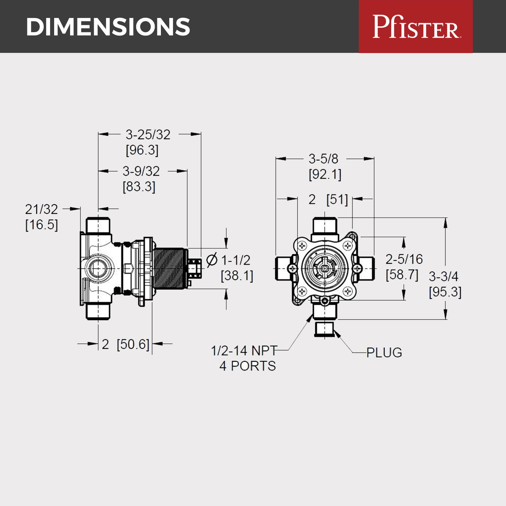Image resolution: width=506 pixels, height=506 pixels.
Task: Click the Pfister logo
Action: [x=416, y=26]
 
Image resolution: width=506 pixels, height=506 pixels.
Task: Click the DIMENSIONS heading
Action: [x=108, y=27]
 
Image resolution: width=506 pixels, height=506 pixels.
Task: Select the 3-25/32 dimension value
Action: [x=148, y=135]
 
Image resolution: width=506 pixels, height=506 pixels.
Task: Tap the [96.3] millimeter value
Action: [x=142, y=150]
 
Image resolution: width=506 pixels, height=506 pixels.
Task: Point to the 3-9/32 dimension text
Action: [x=141, y=171]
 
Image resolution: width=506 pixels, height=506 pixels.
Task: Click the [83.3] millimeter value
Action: [x=139, y=186]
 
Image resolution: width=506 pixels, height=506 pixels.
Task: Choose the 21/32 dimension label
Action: [x=41, y=209]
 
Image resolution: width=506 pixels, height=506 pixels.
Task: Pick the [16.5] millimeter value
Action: [x=41, y=225]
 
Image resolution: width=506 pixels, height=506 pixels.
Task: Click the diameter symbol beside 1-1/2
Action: [x=212, y=260]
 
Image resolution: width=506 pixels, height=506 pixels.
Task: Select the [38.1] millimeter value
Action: [x=237, y=276]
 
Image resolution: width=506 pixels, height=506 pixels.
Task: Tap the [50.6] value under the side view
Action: [x=133, y=344]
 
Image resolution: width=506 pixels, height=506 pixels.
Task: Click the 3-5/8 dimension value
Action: [x=323, y=159]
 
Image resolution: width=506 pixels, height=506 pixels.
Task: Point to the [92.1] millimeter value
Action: [x=325, y=174]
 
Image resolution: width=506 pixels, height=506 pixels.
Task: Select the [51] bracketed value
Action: [x=337, y=200]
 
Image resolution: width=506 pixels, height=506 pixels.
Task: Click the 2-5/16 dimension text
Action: [x=404, y=259]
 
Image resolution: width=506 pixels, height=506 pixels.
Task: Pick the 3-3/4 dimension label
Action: [x=443, y=276]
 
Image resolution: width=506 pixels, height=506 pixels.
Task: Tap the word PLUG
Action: [x=384, y=353]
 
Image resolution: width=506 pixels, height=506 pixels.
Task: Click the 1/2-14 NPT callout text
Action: [x=244, y=351]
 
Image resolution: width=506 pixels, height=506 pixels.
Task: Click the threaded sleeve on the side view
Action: [x=169, y=268]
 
